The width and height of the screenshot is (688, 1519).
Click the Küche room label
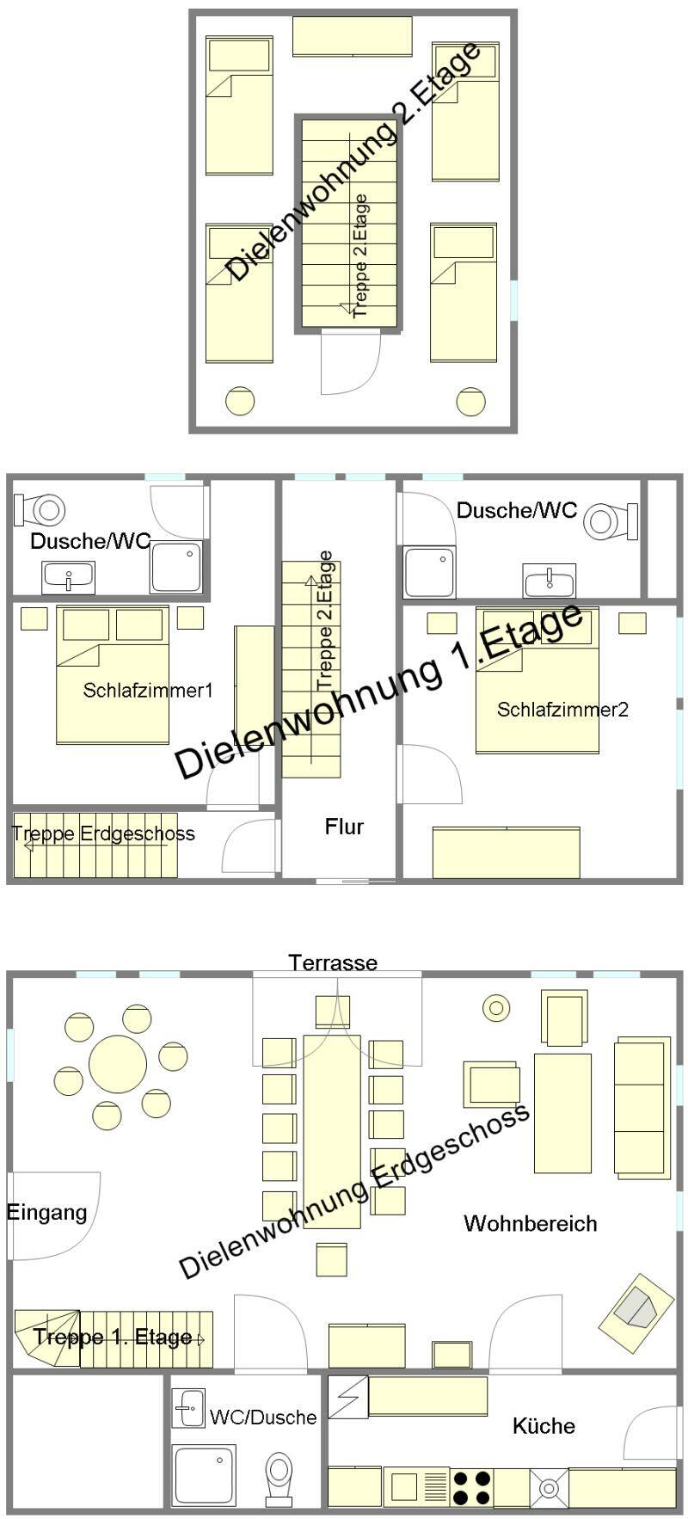544,1426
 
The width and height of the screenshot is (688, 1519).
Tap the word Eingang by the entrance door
46,1213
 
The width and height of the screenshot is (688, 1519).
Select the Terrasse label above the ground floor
333,962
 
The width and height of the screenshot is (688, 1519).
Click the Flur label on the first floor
344,827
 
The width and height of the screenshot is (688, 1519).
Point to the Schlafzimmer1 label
148,690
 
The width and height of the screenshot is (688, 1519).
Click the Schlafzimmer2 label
562,710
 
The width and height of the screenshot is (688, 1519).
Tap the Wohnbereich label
530,1223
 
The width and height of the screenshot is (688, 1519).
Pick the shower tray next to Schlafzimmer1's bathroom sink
176,567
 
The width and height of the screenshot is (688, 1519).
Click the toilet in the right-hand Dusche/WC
611,520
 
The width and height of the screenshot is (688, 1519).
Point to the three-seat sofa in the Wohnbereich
642,1107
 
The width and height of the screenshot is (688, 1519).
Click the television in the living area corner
637,1308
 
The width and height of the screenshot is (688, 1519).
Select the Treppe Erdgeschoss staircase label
103,833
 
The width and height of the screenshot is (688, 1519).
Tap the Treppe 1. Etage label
113,1337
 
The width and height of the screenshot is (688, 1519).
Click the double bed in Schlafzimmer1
113,674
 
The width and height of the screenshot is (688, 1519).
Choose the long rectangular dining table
332,1131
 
